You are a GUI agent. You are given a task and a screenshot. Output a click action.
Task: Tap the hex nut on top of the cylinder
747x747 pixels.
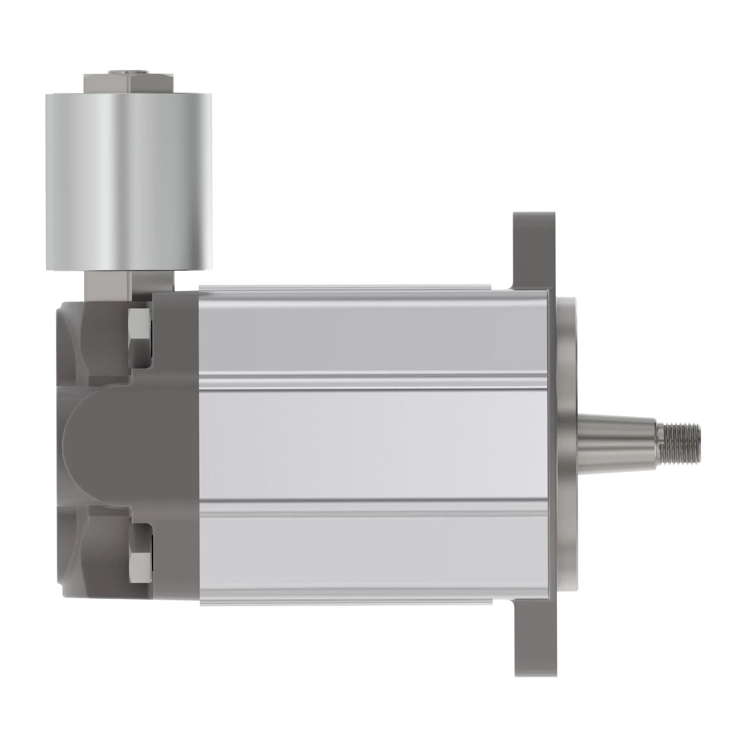tap(129, 84)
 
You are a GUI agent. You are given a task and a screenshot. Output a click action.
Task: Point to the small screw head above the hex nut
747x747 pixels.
tap(129, 72)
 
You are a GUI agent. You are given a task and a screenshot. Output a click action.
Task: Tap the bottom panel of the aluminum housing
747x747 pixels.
tap(371, 557)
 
